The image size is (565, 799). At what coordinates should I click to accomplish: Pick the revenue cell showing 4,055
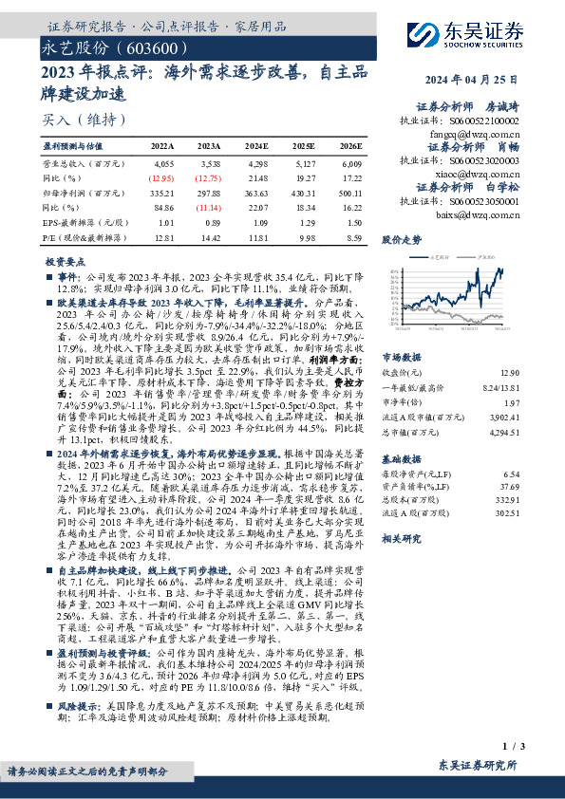(x=162, y=164)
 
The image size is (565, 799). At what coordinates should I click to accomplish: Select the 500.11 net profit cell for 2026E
(x=350, y=192)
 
